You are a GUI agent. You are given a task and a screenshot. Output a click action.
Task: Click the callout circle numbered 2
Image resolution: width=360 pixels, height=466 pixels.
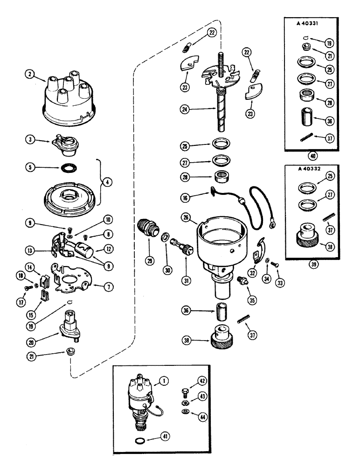coord(31,74)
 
